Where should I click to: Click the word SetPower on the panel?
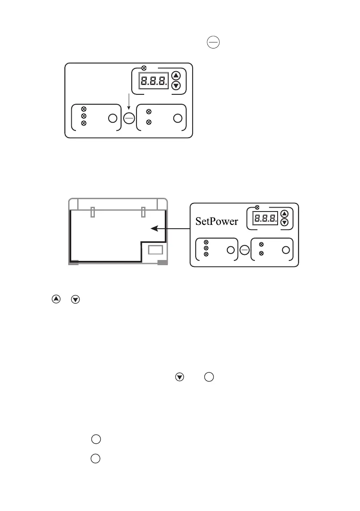(217, 221)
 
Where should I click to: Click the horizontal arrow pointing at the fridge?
(172, 229)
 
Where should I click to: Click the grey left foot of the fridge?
(73, 263)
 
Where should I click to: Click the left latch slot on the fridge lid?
(93, 212)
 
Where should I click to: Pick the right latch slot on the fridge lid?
(143, 212)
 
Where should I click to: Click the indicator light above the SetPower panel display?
(257, 208)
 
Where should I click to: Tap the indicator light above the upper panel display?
(144, 67)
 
